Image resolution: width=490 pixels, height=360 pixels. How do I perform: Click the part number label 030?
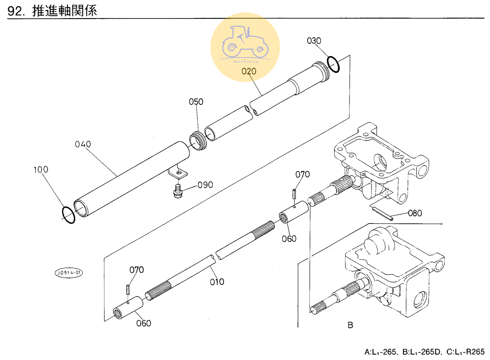(314, 41)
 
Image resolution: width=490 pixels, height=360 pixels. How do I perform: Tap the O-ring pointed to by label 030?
(333, 64)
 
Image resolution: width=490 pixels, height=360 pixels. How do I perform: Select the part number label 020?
(249, 71)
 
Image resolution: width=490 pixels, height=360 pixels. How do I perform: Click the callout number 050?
(196, 102)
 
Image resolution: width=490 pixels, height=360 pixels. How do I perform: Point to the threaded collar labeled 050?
(198, 140)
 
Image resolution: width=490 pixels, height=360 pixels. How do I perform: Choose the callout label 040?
(83, 144)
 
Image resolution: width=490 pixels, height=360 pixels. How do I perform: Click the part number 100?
(41, 170)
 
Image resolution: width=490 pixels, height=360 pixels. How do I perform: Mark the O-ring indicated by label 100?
(68, 215)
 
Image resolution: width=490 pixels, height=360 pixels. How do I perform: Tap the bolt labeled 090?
(178, 191)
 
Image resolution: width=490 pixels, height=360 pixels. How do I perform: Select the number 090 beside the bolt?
(205, 185)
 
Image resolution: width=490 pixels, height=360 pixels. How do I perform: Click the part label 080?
(415, 213)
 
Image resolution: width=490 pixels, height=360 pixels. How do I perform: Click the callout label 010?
(217, 282)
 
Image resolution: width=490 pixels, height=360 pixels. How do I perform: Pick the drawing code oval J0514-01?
(69, 273)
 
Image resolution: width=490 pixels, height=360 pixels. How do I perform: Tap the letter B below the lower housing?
(350, 325)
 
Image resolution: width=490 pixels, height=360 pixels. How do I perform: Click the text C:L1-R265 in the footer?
(465, 352)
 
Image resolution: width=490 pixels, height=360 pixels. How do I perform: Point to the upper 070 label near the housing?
(302, 174)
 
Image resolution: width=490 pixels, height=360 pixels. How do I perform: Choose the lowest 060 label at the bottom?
(144, 323)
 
